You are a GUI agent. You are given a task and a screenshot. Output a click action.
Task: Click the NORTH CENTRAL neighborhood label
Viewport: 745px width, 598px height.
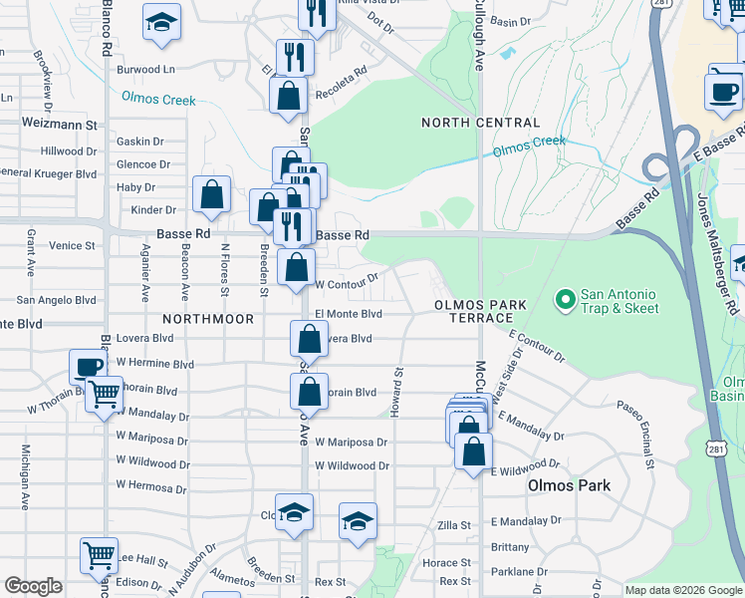coord(480,123)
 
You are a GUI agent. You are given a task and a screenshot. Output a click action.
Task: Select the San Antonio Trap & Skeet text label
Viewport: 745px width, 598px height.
coord(619,301)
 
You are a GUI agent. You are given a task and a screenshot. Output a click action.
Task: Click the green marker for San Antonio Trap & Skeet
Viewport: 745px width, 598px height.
coord(565,299)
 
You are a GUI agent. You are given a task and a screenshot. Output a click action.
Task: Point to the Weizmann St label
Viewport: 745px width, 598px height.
coord(60,126)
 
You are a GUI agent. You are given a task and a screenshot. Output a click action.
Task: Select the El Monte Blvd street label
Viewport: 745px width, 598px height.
coord(349,313)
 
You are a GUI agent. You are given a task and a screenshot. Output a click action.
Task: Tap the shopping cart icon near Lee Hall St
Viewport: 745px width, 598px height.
coord(99,555)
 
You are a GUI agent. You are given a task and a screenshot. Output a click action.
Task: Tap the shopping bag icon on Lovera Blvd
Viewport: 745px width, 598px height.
coord(309,339)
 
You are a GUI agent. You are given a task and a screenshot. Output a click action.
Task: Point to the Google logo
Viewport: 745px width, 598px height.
coord(33,586)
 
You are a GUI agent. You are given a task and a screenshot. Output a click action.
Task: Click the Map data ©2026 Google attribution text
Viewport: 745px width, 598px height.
coord(682,590)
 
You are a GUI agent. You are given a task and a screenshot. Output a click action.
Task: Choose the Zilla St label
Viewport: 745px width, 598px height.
coord(454,525)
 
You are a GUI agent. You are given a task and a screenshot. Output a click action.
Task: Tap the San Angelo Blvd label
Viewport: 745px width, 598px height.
coord(57,299)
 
